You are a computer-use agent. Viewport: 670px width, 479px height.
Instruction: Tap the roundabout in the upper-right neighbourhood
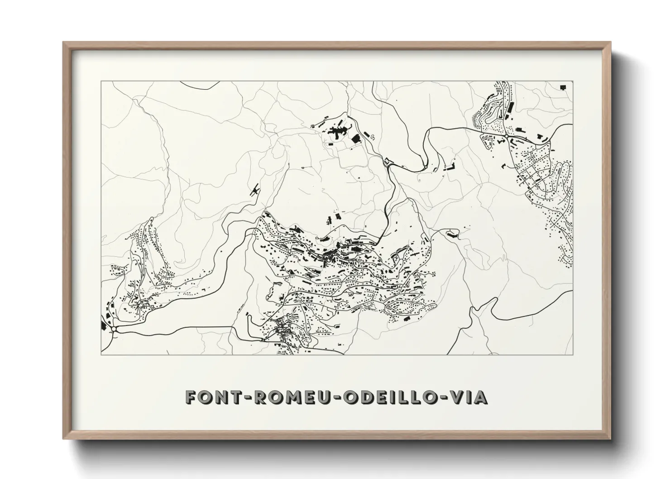point(506,135)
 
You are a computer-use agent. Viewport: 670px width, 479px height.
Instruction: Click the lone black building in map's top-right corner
point(563,87)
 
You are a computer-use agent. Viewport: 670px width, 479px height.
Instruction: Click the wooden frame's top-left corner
point(64,43)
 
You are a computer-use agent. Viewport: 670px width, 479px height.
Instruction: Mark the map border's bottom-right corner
point(573,354)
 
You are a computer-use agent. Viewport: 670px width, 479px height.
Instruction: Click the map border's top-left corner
point(101,81)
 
